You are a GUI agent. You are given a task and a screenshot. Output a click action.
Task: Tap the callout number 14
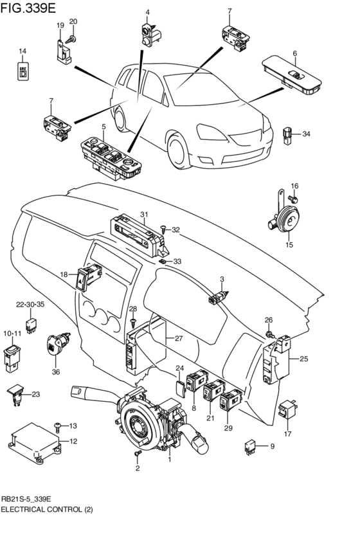pyautogui.click(x=22, y=51)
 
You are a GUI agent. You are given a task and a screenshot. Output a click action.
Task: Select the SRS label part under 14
pyautogui.click(x=23, y=71)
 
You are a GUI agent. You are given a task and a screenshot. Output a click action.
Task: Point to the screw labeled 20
pyautogui.click(x=71, y=39)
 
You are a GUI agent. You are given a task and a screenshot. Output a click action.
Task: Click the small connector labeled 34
pyautogui.click(x=287, y=136)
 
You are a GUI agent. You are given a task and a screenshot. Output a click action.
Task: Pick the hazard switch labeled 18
pyautogui.click(x=89, y=276)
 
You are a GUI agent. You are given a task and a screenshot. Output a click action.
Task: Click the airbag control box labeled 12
pyautogui.click(x=35, y=442)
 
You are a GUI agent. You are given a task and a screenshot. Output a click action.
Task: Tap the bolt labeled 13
pyautogui.click(x=57, y=426)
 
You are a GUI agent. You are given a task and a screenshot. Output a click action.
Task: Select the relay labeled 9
pyautogui.click(x=250, y=446)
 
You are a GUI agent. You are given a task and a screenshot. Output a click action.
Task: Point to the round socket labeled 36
pyautogui.click(x=58, y=345)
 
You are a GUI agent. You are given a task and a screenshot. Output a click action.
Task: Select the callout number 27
pyautogui.click(x=179, y=338)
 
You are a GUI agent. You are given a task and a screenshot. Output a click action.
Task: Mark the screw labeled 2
pyautogui.click(x=137, y=454)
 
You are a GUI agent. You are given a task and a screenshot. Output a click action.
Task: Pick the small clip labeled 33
pyautogui.click(x=163, y=261)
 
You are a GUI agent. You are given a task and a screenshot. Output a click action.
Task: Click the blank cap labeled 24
pyautogui.click(x=180, y=388)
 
